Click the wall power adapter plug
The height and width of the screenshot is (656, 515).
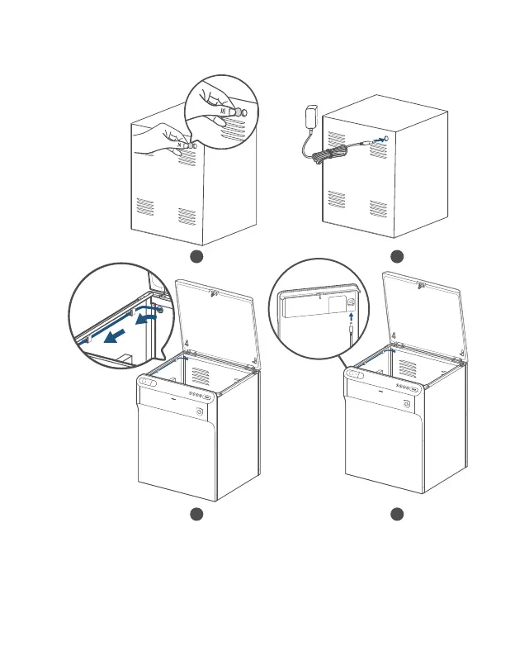(312, 116)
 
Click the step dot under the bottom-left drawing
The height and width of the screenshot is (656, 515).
(196, 515)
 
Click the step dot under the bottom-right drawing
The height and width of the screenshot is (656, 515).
(396, 515)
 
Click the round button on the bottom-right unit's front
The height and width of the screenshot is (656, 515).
(405, 403)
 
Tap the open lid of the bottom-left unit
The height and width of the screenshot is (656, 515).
(214, 318)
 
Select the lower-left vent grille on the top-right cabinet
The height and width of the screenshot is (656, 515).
(336, 198)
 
